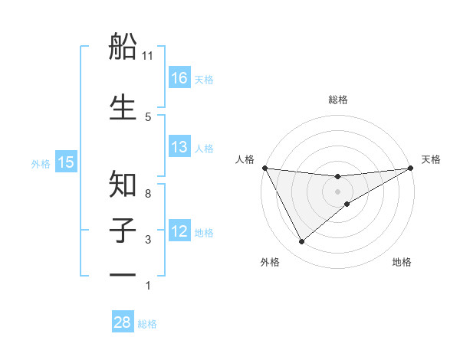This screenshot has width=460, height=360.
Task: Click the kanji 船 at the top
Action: point(123,48)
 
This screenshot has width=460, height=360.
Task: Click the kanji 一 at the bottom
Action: point(123,274)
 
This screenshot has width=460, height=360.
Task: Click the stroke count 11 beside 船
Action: point(148,56)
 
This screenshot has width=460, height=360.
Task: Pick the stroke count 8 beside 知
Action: point(148,194)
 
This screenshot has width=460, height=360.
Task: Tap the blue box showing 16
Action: point(179,77)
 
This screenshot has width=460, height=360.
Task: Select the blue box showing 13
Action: point(179,147)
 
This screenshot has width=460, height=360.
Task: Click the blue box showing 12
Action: point(179,231)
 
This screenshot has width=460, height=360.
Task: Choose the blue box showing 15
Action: point(66,162)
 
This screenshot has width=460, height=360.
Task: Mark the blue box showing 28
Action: point(123,322)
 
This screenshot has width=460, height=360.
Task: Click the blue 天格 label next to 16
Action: point(204,79)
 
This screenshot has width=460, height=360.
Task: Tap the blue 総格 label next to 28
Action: point(147,324)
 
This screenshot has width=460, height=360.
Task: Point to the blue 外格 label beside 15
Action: point(41,163)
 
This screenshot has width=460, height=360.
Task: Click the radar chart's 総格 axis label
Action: point(338,100)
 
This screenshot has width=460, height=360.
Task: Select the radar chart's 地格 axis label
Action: point(402,263)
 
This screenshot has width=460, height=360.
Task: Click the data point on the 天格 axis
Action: point(410,168)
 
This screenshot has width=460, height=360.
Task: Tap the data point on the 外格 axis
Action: point(301,242)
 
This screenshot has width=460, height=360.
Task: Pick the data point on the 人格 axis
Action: point(264,168)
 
